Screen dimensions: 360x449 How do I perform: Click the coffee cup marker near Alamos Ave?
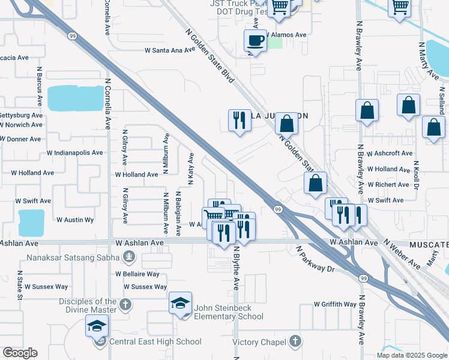coord(255,41)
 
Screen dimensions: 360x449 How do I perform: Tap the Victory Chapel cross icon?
coord(294,341)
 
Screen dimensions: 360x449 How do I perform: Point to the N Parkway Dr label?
coord(315,259)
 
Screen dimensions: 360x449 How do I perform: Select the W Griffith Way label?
coord(335,304)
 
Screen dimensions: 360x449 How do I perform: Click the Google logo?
coord(20,353)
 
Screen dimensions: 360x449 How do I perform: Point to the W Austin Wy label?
coord(75,220)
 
